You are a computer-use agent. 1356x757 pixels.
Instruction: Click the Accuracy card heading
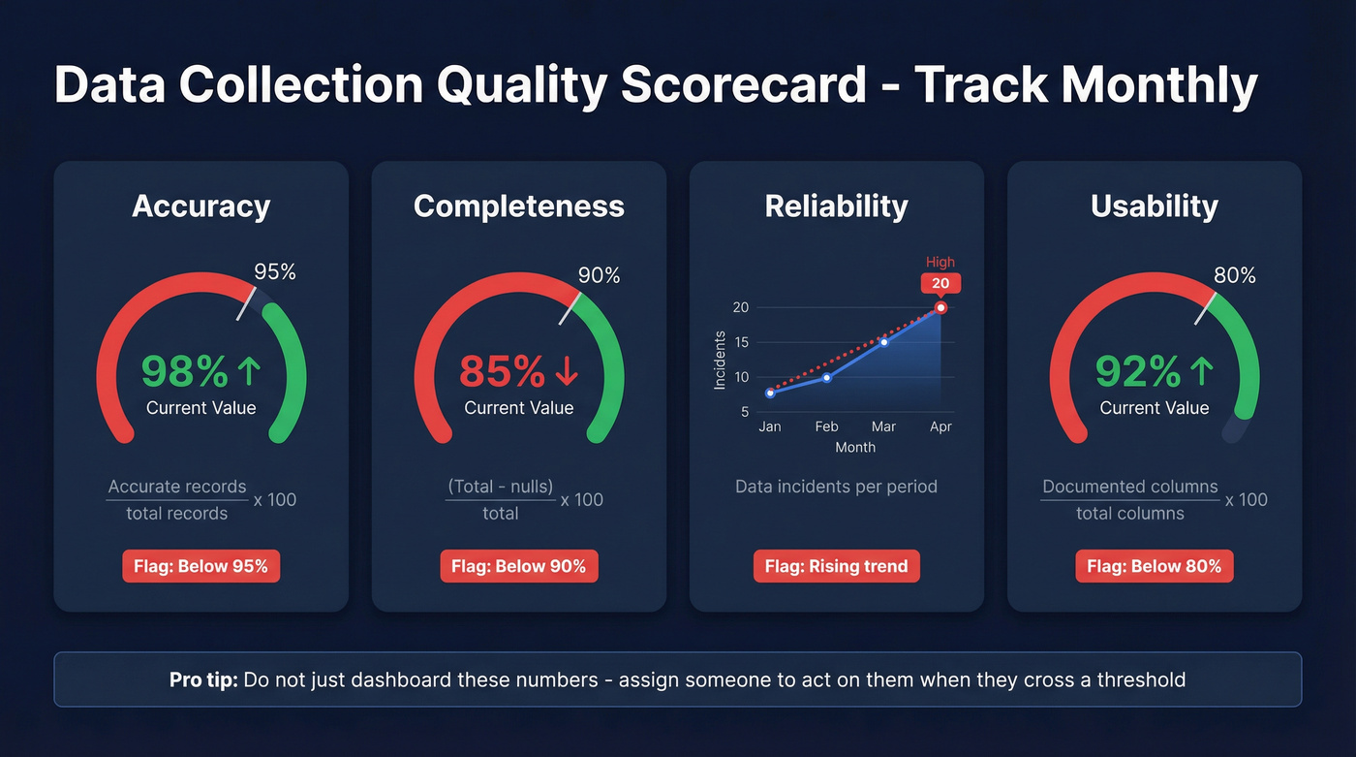(x=200, y=206)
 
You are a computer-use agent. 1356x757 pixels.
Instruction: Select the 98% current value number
(x=184, y=371)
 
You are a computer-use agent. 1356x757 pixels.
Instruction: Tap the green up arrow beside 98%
(x=249, y=371)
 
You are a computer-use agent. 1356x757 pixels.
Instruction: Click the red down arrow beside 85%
(x=567, y=371)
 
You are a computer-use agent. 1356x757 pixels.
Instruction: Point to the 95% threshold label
(x=274, y=272)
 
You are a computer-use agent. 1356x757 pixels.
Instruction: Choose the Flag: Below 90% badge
(x=519, y=566)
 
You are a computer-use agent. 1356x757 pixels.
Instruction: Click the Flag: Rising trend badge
(x=836, y=566)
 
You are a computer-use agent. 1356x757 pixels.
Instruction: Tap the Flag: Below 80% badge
(x=1154, y=566)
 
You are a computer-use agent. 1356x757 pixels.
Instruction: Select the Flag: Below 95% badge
(x=200, y=566)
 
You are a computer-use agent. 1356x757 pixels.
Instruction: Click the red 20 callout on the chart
(x=940, y=284)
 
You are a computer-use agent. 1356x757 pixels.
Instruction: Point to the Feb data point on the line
(x=826, y=377)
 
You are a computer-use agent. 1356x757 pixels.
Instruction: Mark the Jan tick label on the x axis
(x=770, y=426)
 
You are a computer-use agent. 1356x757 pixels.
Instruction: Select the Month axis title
(x=854, y=448)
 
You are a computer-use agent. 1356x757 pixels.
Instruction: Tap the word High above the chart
(x=940, y=262)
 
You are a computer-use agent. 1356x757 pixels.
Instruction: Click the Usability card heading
(x=1154, y=206)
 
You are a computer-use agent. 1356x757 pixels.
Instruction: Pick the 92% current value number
(x=1138, y=371)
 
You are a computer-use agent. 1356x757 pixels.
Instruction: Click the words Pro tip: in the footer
(x=203, y=679)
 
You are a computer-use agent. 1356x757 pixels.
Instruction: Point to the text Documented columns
(x=1129, y=487)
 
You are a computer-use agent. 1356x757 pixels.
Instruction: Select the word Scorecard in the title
(x=743, y=85)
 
